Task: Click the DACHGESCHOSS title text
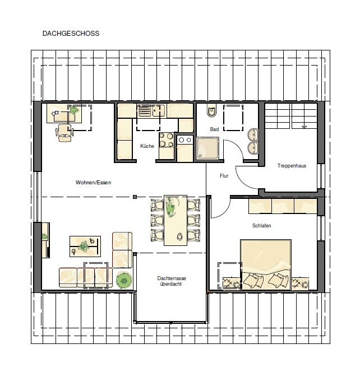point(71,34)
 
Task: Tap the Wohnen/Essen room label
point(93,183)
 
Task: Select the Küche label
point(147,146)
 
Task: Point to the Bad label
point(214,129)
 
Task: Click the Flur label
point(224,176)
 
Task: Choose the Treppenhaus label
point(292,166)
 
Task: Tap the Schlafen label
point(261,226)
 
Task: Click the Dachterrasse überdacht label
point(172,281)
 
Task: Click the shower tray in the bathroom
point(207,148)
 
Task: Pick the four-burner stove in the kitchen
point(166,140)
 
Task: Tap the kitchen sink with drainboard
point(151,110)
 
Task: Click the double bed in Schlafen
point(266,264)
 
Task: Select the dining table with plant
point(176,220)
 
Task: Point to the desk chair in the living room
point(64,133)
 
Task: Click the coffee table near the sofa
point(85,247)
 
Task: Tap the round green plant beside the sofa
point(124,281)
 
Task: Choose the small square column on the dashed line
point(135,197)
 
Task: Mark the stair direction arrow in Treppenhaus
point(304,127)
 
